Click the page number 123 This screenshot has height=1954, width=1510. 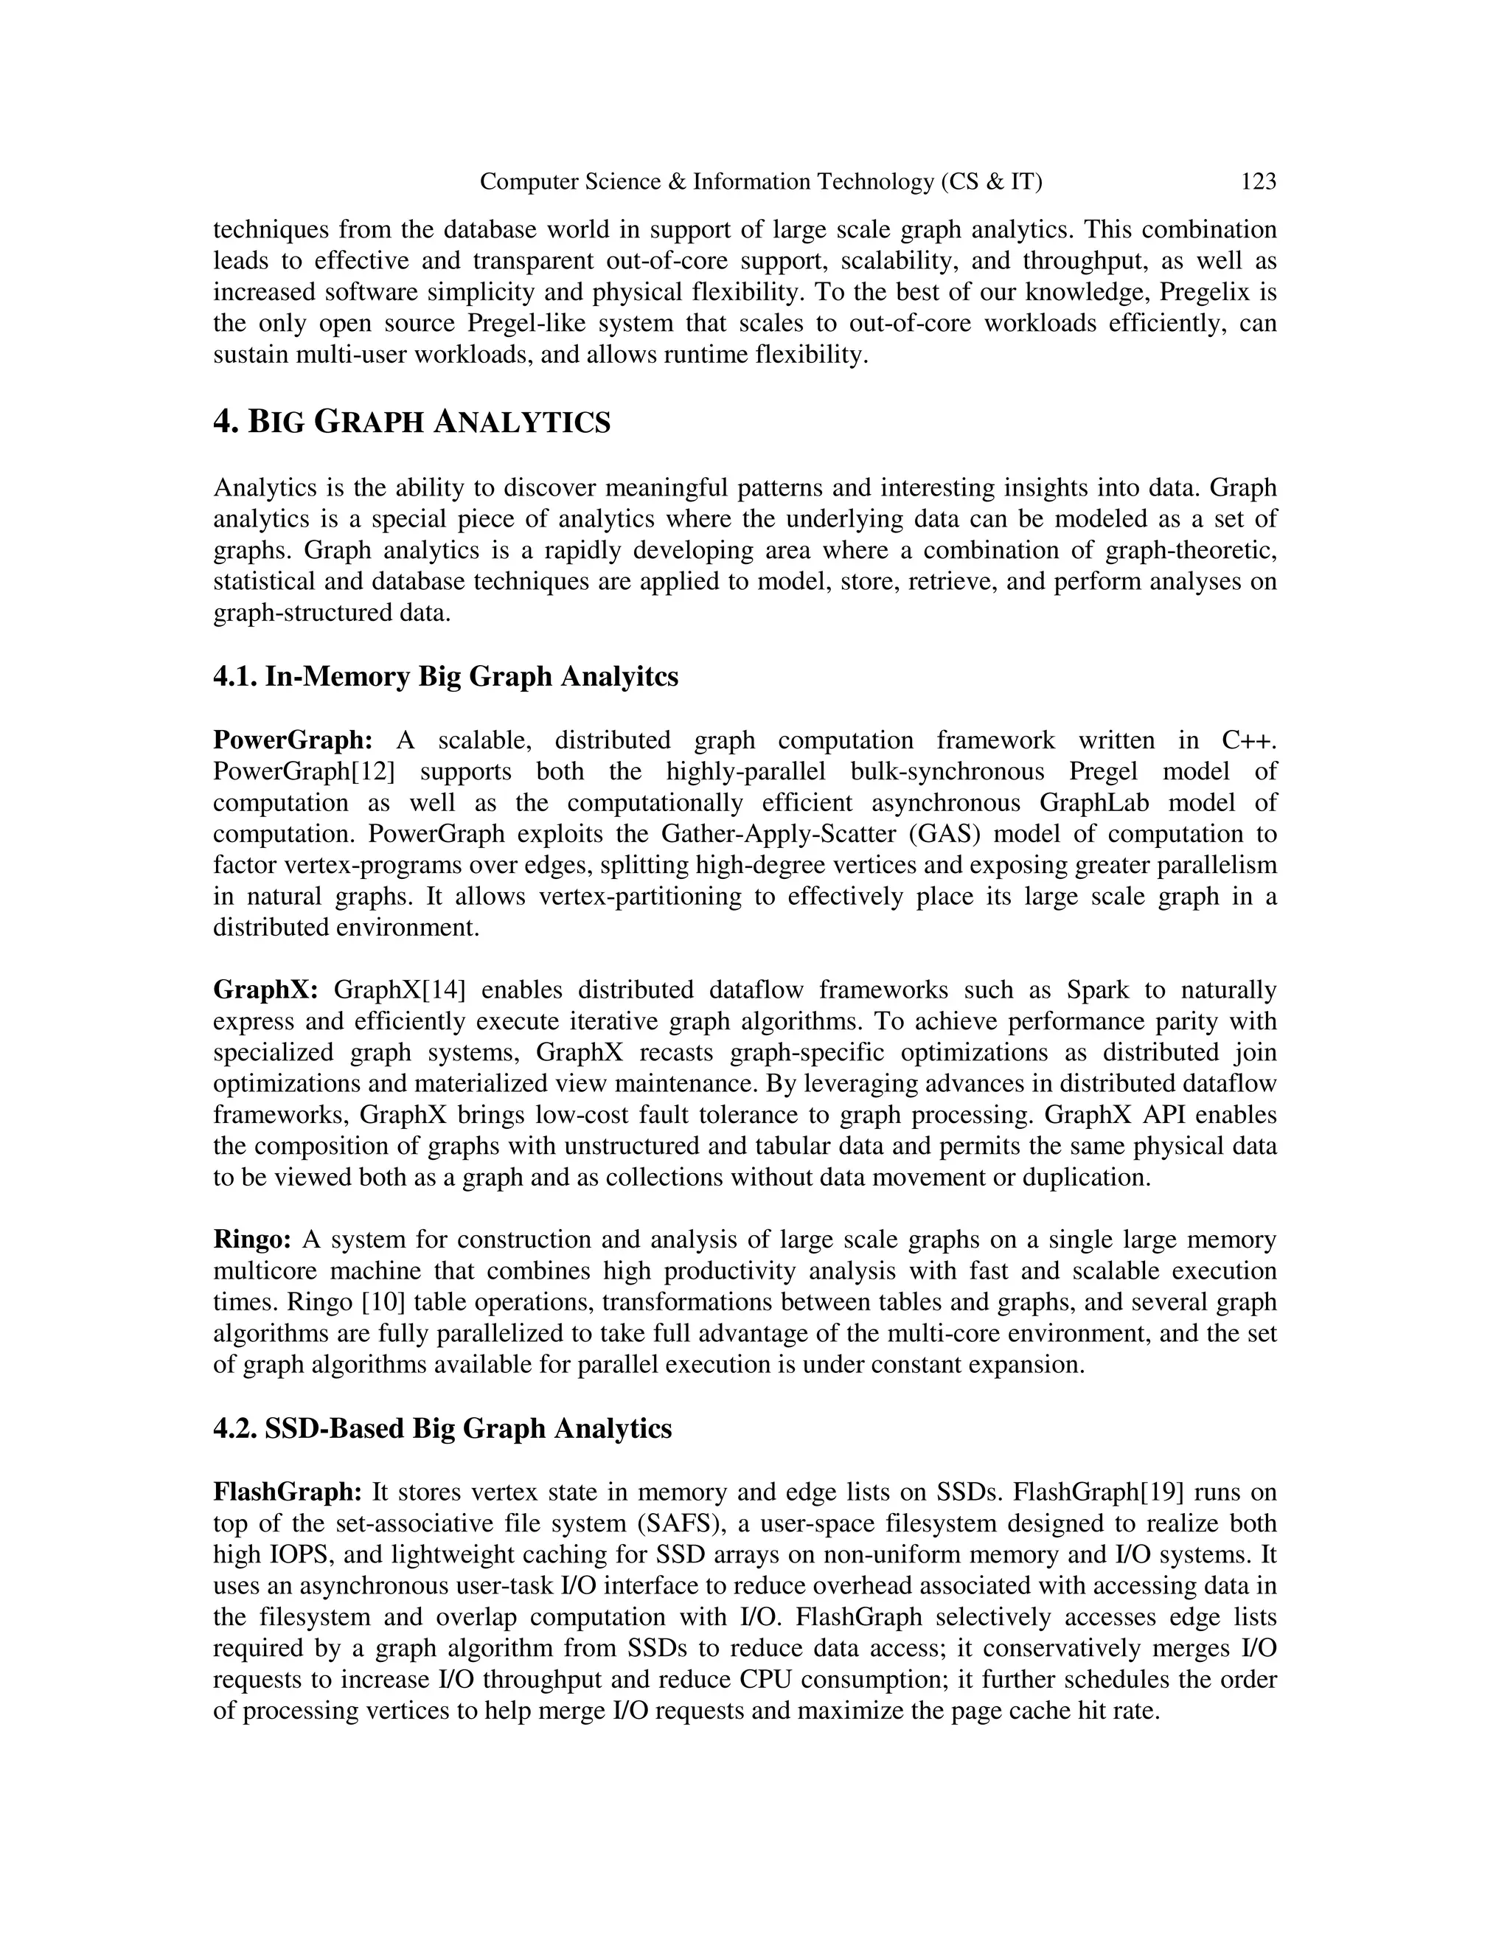coord(1258,183)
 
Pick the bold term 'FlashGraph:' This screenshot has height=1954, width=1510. coord(287,1492)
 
